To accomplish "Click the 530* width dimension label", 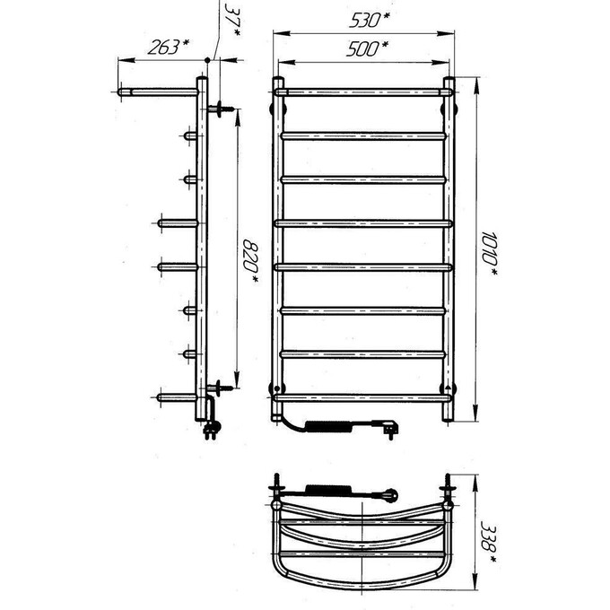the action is coord(370,21).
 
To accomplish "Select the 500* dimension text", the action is coord(367,49).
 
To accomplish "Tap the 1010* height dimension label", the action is coord(489,254).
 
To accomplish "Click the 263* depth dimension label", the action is coord(168,48).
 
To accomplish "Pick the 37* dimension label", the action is coord(232,21).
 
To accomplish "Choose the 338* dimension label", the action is coord(488,543).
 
